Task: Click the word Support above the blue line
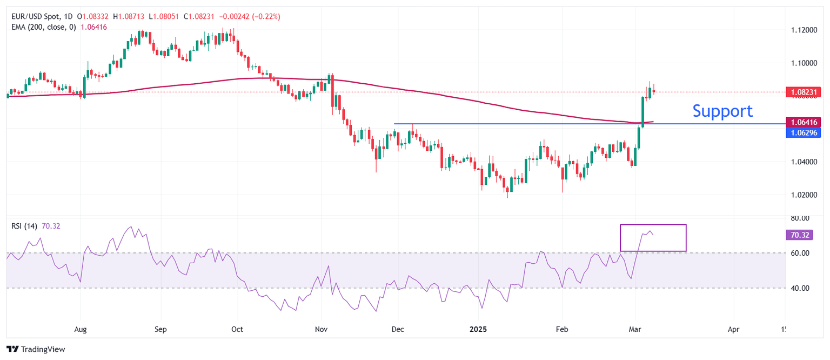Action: coord(722,111)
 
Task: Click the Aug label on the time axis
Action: coord(80,329)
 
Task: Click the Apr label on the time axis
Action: coord(733,329)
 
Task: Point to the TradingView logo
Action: coord(36,349)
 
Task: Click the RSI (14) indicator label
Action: coord(24,226)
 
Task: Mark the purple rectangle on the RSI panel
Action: coord(653,238)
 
